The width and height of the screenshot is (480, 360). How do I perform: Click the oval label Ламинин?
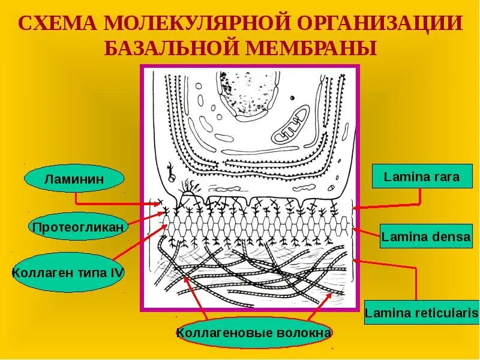click(x=74, y=178)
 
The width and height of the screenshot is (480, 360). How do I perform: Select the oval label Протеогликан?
click(x=78, y=227)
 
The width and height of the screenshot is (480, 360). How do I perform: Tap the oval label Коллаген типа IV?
click(x=68, y=273)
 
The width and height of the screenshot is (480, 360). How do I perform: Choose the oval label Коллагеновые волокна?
click(x=253, y=332)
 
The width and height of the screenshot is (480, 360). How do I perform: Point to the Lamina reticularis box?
click(x=422, y=313)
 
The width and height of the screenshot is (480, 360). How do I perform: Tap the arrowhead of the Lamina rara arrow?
click(x=356, y=208)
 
